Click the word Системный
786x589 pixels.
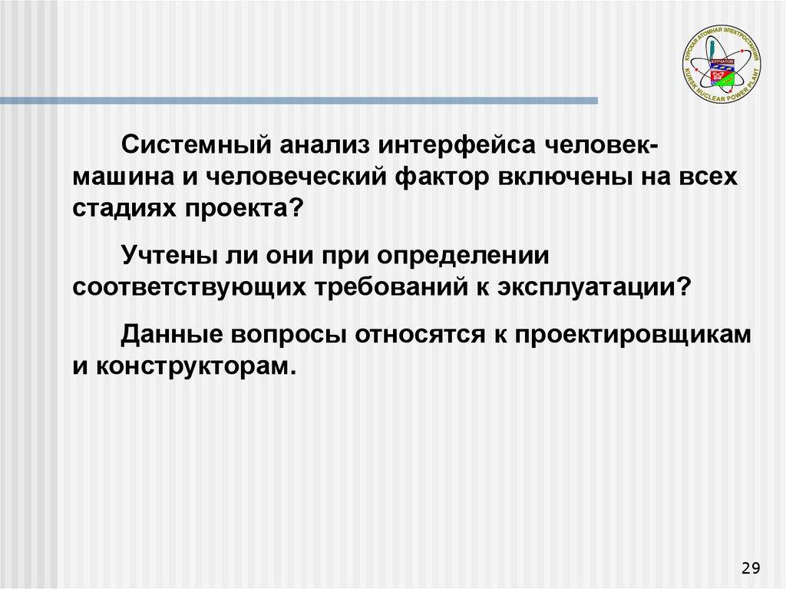[196, 145]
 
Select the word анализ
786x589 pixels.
[325, 145]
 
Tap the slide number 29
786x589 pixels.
[751, 568]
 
